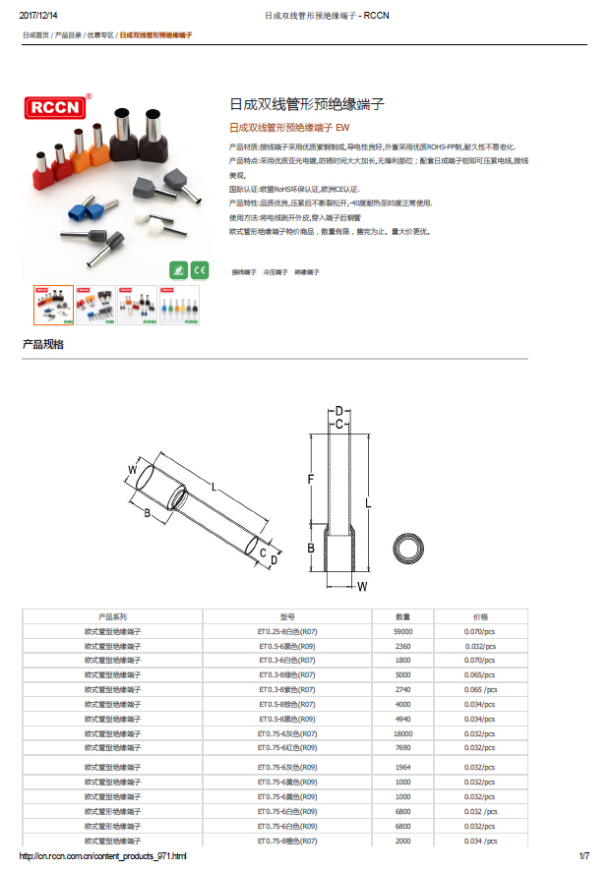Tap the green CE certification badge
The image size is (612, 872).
(199, 269)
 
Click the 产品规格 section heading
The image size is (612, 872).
(42, 344)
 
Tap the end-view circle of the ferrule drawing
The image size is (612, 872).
(408, 551)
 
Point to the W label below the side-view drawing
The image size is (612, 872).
(362, 587)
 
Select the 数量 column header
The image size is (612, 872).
(402, 616)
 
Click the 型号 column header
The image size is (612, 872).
(286, 616)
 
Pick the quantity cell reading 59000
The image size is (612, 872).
(402, 631)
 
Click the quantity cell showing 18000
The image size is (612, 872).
(402, 733)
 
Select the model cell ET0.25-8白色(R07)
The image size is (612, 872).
(286, 631)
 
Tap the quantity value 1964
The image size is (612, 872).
(402, 767)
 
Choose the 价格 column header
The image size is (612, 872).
(480, 616)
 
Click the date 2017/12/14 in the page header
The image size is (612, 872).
(38, 16)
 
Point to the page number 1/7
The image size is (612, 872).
(582, 857)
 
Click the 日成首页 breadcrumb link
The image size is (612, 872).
(35, 34)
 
